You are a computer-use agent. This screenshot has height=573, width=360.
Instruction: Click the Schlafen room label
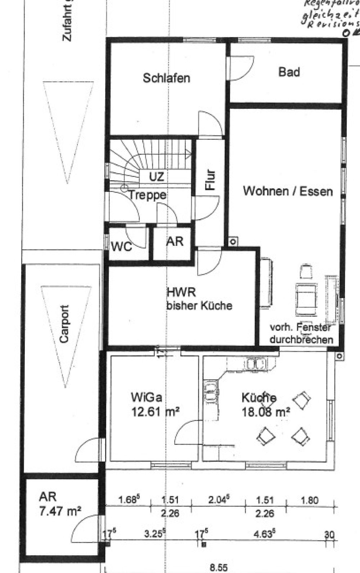coord(166,78)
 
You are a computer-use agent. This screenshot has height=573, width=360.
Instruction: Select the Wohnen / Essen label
coord(288,191)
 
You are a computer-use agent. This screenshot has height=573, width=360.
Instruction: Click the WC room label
coord(121,247)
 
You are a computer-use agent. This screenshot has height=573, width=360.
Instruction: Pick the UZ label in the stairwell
coord(157,176)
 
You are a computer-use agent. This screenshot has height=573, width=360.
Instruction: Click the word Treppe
coord(148,195)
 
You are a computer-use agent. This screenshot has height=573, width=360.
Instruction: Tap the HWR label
coord(181,292)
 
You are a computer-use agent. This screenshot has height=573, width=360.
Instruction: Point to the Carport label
coord(64,324)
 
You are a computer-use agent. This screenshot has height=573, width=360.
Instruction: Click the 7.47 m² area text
coord(59,511)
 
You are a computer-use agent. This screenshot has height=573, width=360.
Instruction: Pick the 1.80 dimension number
coord(310,500)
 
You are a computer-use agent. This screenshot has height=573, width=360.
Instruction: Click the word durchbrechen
coord(301,339)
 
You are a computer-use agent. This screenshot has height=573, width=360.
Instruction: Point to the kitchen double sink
coord(255,364)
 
